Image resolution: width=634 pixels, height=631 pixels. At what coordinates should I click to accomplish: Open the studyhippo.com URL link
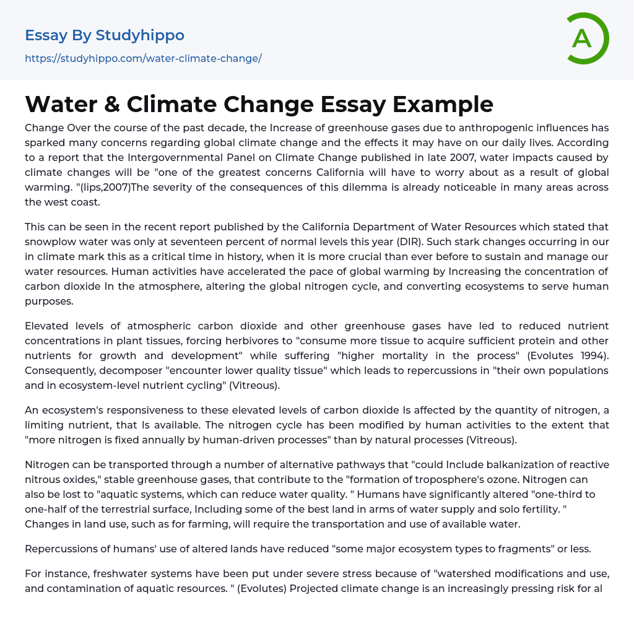(143, 58)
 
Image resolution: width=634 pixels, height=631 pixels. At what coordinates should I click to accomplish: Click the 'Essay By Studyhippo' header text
(105, 35)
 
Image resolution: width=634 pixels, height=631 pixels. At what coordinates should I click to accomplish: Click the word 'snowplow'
(51, 242)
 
